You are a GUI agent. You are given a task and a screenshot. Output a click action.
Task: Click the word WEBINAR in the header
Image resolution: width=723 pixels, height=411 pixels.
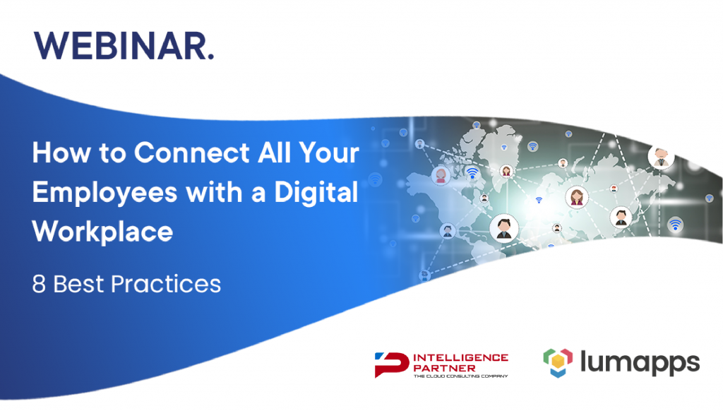click(121, 46)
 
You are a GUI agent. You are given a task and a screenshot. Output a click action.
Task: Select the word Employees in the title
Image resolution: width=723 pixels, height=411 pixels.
click(104, 193)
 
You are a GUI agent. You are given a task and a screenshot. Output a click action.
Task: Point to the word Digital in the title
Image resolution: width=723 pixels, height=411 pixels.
click(316, 192)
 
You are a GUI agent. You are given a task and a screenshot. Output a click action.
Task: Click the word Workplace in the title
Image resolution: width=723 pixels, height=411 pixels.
click(102, 231)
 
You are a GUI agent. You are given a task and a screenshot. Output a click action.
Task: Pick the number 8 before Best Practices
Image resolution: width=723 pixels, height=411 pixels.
click(39, 284)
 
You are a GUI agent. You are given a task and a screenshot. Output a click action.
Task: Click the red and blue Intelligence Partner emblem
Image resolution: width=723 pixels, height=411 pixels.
click(391, 364)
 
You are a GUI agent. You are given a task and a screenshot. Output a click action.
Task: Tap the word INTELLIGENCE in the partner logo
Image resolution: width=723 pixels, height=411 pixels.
click(460, 357)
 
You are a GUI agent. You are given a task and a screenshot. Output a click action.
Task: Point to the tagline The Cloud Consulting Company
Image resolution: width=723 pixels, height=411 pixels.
click(460, 376)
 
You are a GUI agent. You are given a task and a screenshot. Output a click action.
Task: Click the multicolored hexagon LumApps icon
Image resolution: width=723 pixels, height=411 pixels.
click(558, 363)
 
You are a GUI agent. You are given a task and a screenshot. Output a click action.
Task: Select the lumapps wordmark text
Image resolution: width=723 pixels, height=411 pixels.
click(640, 363)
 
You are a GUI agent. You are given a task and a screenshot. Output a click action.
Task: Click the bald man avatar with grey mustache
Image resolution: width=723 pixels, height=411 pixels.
click(661, 156)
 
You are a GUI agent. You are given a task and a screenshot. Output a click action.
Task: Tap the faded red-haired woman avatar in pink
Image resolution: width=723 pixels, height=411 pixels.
click(441, 175)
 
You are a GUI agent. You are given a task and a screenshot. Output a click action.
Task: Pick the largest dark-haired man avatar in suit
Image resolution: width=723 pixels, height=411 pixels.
click(503, 228)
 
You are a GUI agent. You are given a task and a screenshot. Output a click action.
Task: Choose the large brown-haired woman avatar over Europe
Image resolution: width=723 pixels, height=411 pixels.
click(577, 197)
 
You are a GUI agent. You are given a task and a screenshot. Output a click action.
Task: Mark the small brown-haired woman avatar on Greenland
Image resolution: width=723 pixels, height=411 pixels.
click(506, 172)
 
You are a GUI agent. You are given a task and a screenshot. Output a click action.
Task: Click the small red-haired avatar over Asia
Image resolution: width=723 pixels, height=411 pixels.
click(614, 189)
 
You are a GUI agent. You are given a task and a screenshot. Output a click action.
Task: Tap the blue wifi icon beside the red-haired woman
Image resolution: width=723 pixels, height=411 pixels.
click(472, 174)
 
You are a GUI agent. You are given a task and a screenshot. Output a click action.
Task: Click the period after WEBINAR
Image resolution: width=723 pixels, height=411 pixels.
click(211, 57)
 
